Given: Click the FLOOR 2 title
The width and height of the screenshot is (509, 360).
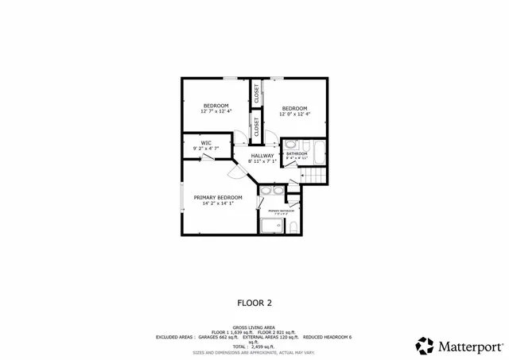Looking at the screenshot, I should point(254,303).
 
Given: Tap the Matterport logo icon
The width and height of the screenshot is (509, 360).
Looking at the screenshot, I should point(425,346).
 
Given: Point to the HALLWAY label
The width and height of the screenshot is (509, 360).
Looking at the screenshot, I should point(262,156).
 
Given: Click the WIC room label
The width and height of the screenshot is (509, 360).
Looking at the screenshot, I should point(205,143).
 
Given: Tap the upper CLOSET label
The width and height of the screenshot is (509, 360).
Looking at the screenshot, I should point(257,93).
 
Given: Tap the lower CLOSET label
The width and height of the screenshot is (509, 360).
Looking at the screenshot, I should point(257,125).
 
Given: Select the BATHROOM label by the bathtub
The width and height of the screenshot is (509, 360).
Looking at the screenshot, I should point(296,153).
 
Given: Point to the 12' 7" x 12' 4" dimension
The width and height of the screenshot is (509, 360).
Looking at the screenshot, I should point(216,112).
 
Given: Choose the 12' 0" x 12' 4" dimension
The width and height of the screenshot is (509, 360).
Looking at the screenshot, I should point(294,114).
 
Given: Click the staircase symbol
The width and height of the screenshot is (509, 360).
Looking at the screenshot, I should point(317,176).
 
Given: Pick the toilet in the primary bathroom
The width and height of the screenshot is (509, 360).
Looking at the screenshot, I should point(293,227).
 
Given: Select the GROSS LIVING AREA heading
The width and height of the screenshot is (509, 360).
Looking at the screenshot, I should point(254,327).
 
